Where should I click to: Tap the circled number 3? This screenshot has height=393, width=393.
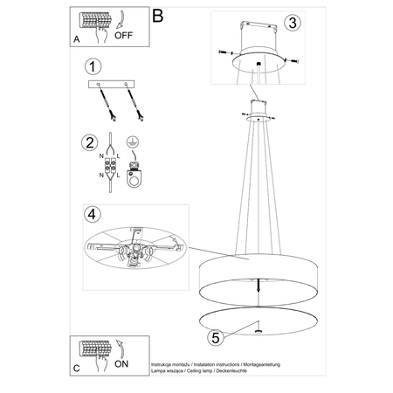[x=294, y=22]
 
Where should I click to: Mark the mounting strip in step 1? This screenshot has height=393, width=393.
[x=114, y=84]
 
